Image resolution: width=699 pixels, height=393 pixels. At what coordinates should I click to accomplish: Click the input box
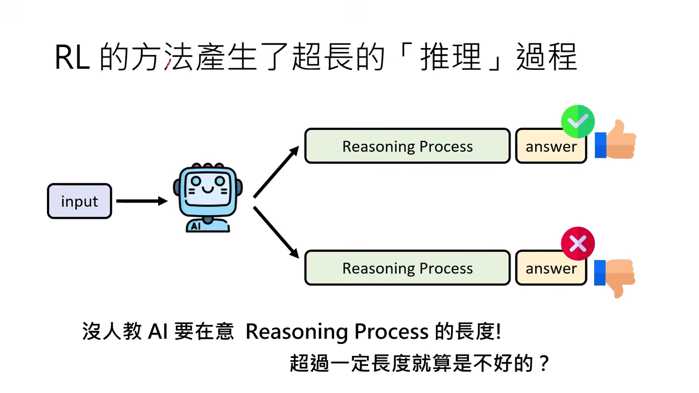click(x=79, y=201)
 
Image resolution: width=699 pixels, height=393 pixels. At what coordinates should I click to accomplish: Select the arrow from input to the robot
click(x=141, y=201)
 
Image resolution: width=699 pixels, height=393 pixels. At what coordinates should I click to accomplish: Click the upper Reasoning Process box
click(x=407, y=146)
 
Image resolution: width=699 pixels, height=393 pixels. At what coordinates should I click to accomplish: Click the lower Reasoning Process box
click(x=407, y=268)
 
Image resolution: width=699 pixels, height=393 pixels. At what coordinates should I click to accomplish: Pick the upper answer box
click(x=550, y=147)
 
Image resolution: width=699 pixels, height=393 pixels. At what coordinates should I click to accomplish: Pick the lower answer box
click(x=550, y=269)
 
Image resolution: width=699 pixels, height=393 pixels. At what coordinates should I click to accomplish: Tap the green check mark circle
click(x=578, y=121)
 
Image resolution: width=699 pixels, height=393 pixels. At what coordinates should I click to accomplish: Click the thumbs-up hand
click(x=616, y=140)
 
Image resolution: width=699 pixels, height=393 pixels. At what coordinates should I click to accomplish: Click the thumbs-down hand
click(x=616, y=277)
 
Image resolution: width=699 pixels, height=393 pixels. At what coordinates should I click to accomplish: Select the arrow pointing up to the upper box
click(x=276, y=171)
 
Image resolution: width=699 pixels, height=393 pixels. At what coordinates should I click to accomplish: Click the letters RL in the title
click(x=72, y=58)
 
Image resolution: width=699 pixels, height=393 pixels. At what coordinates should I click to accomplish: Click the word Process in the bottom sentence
click(x=391, y=332)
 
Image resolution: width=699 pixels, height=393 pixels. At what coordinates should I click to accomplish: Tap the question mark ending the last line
click(x=542, y=364)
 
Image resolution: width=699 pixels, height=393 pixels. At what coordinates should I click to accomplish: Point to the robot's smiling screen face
click(x=208, y=188)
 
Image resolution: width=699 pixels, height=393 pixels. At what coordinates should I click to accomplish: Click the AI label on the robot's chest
click(x=194, y=226)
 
